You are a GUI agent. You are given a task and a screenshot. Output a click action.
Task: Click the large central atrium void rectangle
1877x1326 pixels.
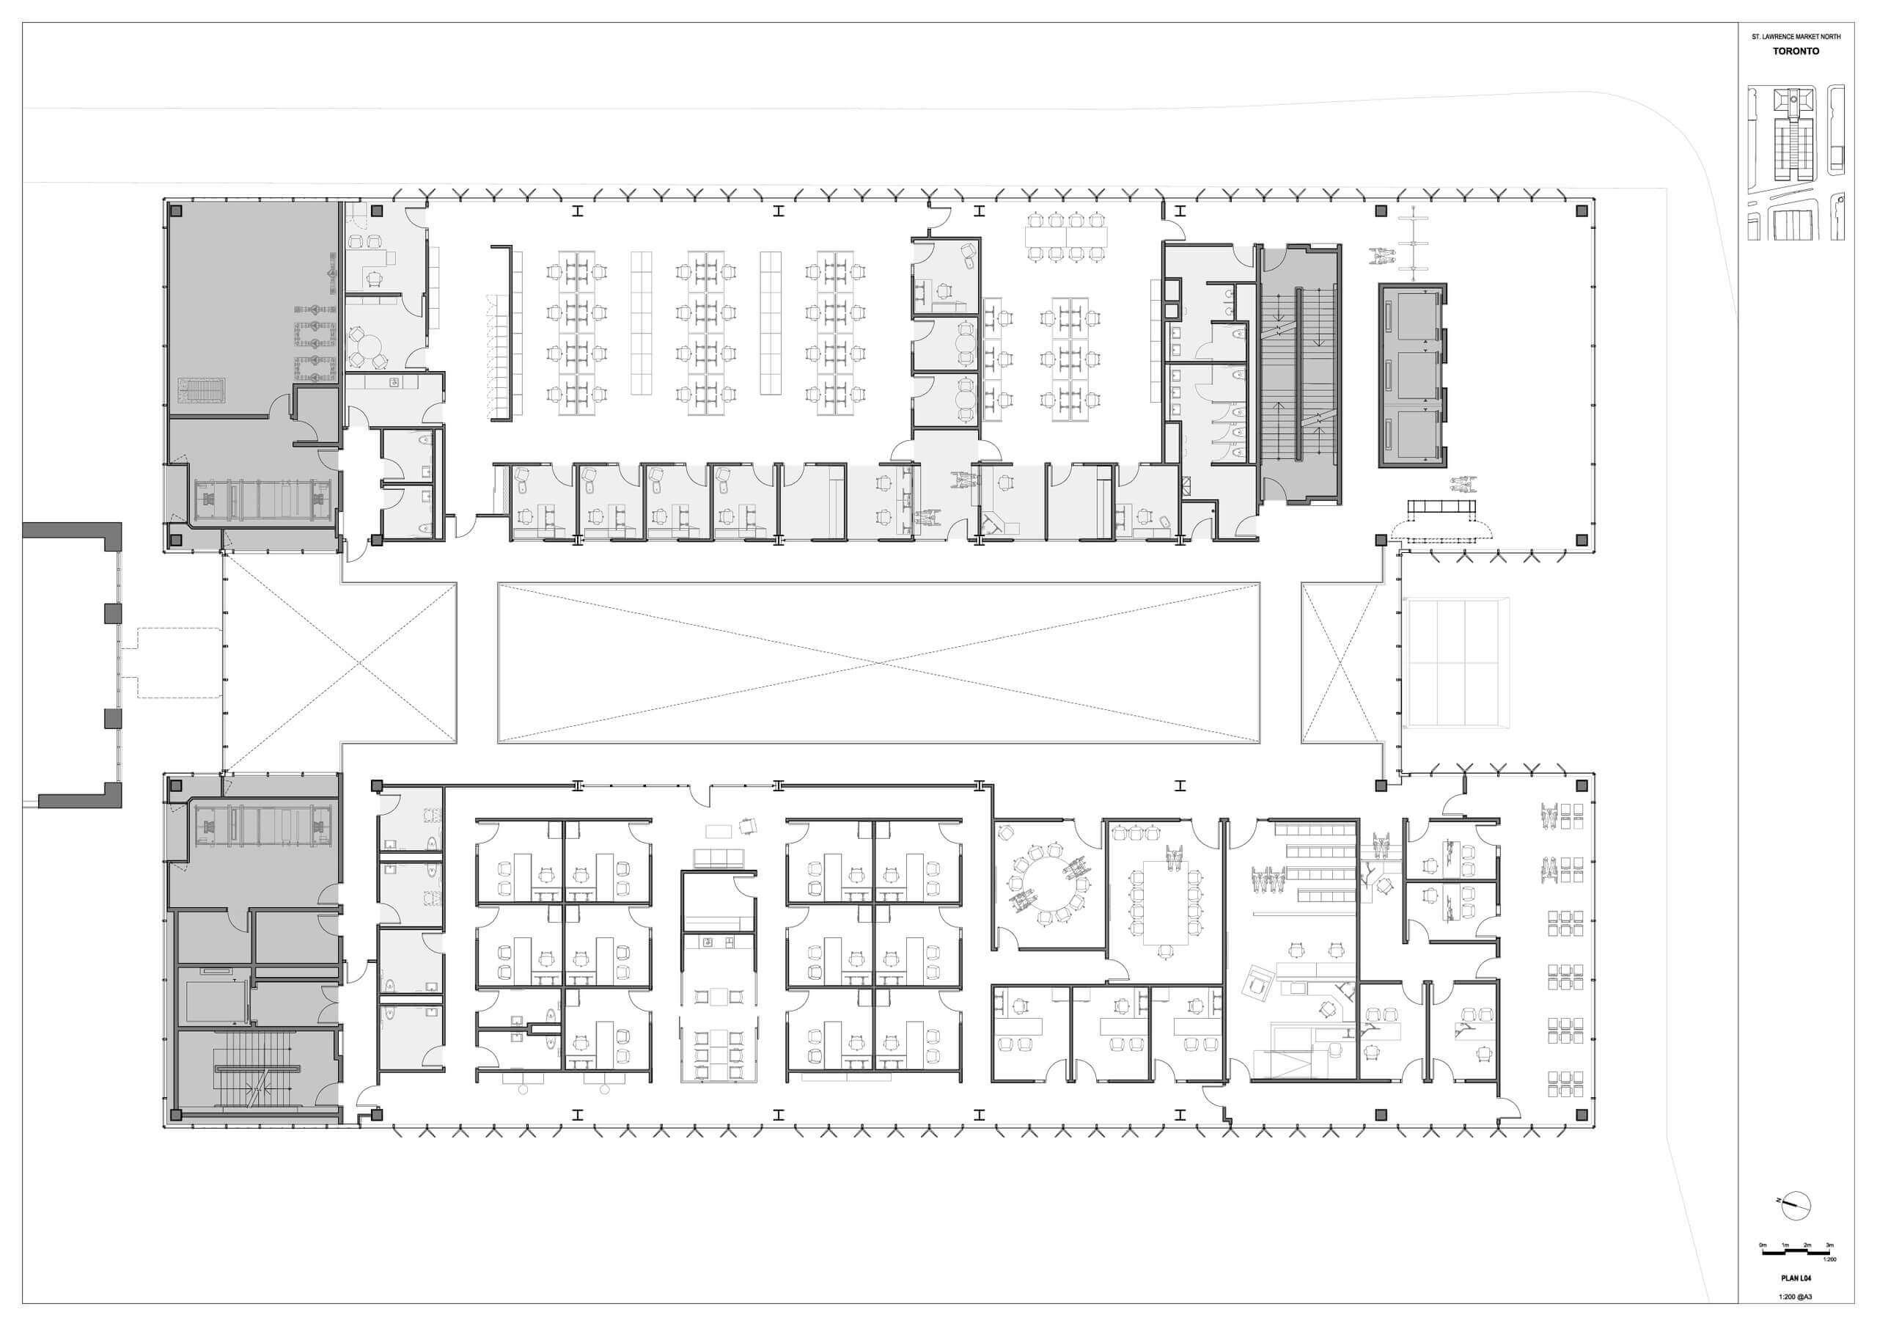(879, 662)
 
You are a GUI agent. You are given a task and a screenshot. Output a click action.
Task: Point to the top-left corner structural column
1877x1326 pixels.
(176, 210)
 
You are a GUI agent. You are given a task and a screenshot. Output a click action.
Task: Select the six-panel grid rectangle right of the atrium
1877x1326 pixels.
(1457, 662)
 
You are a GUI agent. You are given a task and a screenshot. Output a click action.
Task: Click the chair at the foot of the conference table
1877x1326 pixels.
(1164, 950)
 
